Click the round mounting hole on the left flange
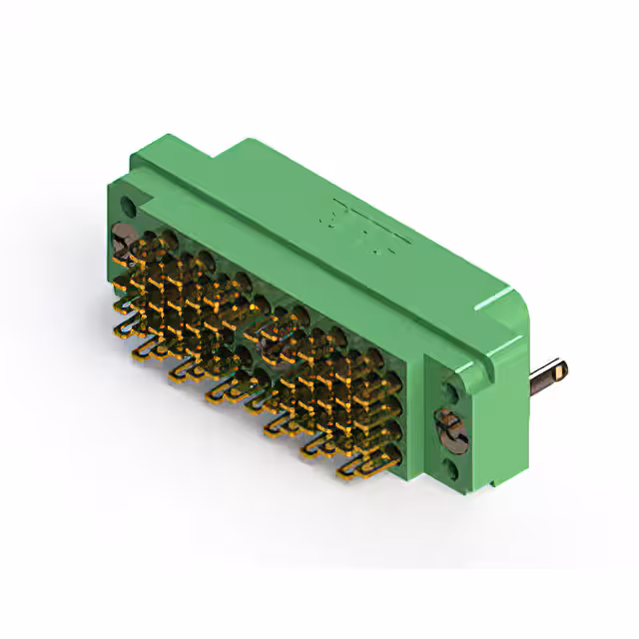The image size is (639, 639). [128, 206]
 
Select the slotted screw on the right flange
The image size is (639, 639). [447, 429]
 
